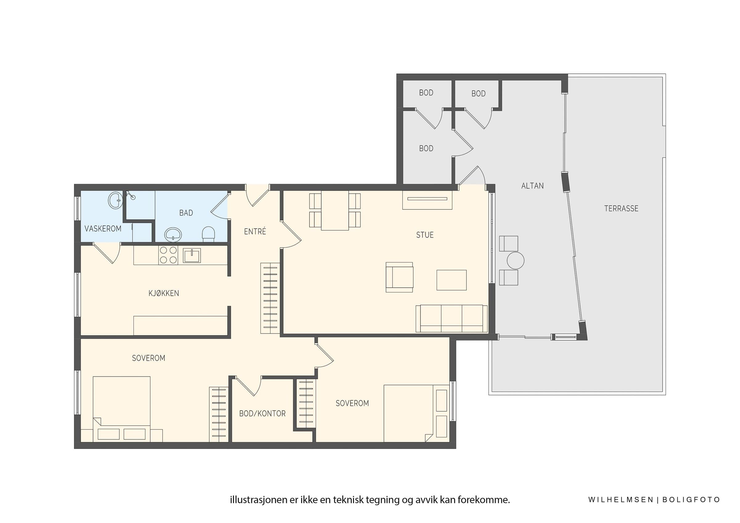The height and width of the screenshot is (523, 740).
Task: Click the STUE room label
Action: coord(425,235)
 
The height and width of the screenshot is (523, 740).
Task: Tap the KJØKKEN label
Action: coord(164,293)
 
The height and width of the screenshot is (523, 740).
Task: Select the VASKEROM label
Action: coord(103,229)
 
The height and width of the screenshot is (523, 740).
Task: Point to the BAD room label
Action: coord(186,213)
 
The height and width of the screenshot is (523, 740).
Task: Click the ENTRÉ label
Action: coord(255,231)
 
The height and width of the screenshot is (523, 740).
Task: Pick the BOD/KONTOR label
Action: coord(262,414)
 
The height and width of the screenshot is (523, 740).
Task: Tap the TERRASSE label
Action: coord(621,209)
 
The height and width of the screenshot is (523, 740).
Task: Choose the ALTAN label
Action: coord(532,186)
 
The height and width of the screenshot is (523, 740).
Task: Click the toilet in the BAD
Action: coord(208,234)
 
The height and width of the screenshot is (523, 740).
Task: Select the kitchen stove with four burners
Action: coord(168,255)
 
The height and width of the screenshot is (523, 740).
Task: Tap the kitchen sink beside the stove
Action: coord(192,255)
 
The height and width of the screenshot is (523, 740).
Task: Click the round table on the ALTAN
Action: coord(515,260)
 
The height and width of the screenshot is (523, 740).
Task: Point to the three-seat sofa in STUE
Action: coord(451,318)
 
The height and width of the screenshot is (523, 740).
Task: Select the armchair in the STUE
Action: coord(400,277)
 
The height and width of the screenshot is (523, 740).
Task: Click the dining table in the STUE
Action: coord(335,210)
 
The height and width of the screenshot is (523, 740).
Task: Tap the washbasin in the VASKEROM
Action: coord(115,200)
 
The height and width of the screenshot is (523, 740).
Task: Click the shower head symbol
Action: coord(130,195)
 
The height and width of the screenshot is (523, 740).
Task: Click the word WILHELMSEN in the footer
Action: coord(620,500)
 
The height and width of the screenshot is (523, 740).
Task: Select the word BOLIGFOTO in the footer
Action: coord(691,500)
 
